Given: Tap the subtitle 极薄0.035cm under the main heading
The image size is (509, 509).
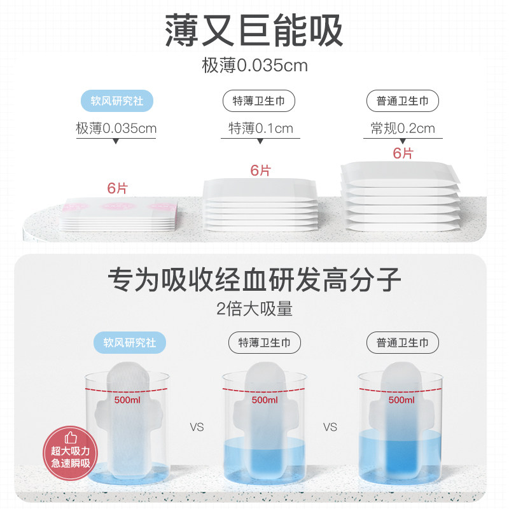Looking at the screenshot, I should click(254, 66).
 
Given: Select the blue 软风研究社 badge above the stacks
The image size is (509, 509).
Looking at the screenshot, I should click(117, 101).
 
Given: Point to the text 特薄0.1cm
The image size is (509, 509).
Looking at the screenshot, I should click(261, 128).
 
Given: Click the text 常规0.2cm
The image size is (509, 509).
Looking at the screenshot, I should click(403, 128).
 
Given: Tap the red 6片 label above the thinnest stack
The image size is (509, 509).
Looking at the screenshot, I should click(117, 188).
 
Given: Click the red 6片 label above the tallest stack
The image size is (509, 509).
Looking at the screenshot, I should click(403, 153).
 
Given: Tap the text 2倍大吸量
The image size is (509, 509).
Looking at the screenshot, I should click(254, 309).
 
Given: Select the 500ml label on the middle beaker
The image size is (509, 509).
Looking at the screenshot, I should click(265, 400).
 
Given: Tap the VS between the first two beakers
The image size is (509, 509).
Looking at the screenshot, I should click(197, 427).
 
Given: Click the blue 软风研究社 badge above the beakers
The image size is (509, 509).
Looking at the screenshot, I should click(134, 343).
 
